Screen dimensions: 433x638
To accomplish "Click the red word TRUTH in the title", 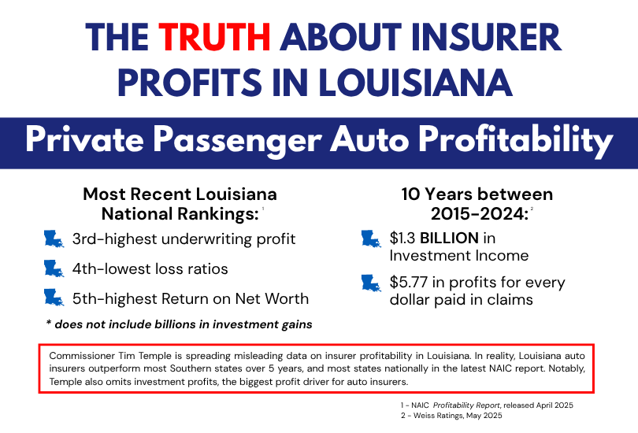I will pos(215,36).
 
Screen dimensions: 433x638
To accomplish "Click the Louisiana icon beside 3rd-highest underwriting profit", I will pos(54,239).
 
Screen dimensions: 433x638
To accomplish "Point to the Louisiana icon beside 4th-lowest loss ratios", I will pos(54,269).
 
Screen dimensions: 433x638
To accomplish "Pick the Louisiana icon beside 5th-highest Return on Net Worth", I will pos(54,298).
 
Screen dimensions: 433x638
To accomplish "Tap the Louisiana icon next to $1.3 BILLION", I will pos(371,239).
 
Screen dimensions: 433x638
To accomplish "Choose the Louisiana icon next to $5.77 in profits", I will pos(371,283).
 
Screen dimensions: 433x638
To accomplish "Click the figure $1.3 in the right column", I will pos(405,238).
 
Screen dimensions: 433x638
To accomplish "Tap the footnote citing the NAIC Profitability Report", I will pos(485,405).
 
